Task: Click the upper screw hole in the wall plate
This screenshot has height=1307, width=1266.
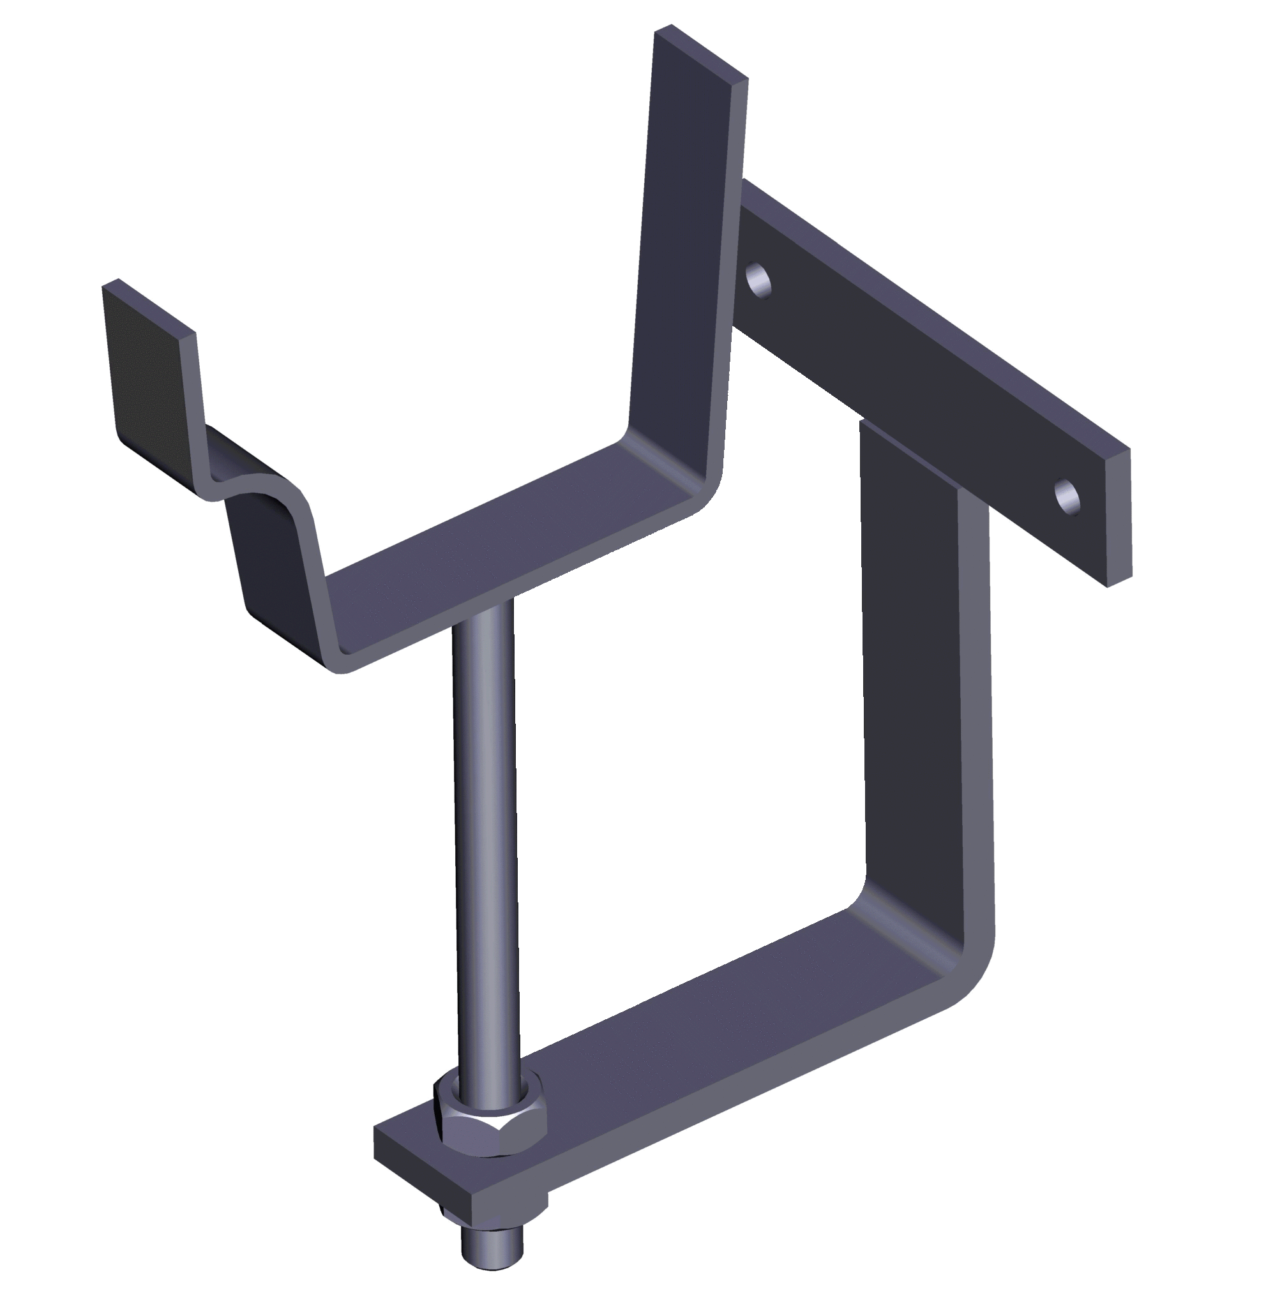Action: click(758, 280)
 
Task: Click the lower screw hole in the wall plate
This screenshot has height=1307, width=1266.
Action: click(1067, 497)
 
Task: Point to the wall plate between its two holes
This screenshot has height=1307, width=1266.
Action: click(914, 373)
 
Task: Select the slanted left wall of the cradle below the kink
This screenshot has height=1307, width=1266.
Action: click(273, 560)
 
